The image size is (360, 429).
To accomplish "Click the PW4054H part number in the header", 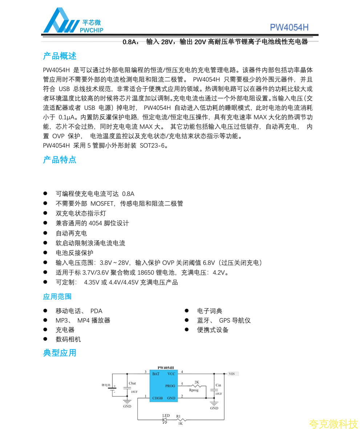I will click(x=289, y=28).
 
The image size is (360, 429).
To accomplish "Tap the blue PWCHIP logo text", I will click(x=92, y=30).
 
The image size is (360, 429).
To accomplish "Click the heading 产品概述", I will click(x=60, y=56).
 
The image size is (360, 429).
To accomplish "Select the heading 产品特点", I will click(x=60, y=160).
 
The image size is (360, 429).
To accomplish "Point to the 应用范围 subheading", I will click(x=57, y=297).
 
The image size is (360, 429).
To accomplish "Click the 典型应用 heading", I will click(x=60, y=353).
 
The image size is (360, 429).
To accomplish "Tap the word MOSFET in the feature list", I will click(x=102, y=204).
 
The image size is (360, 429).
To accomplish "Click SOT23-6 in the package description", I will click(x=152, y=146).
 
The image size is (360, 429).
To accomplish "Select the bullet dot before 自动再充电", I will click(x=45, y=233).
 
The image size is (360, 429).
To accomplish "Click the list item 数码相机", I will click(x=68, y=339).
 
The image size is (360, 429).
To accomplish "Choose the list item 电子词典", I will click(x=210, y=311).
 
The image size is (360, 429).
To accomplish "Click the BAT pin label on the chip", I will click(x=156, y=374).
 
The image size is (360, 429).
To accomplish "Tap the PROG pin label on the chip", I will click(x=170, y=386).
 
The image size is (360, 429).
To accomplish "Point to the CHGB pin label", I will click(x=157, y=398).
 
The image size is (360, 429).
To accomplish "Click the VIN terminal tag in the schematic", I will click(x=232, y=373).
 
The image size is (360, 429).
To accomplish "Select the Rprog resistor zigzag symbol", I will click(x=196, y=386).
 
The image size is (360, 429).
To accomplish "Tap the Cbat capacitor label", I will click(x=132, y=383).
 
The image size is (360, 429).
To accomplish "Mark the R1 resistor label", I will click(x=178, y=416).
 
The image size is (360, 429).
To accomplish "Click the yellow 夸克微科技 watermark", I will click(x=333, y=424).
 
